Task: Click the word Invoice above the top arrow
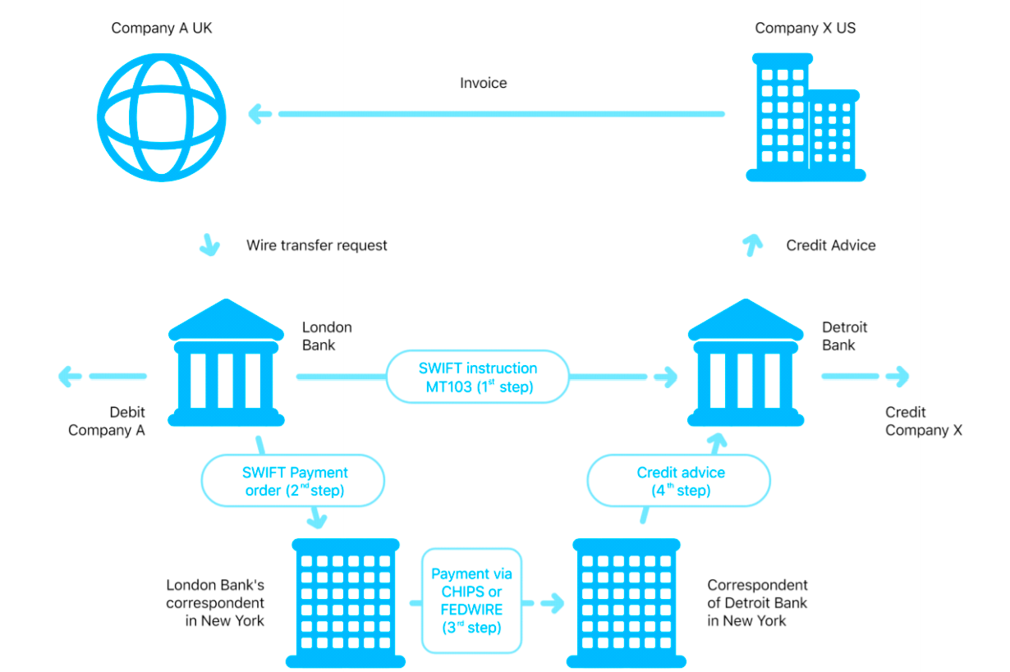pos(484,83)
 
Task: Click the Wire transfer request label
pos(317,245)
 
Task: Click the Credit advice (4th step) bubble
pos(681,482)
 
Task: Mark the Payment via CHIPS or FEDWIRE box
pos(471,601)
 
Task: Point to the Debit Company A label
pos(107,422)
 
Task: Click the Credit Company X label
pos(923,422)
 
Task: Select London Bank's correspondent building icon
pos(346,603)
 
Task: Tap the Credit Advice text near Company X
pos(831,245)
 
